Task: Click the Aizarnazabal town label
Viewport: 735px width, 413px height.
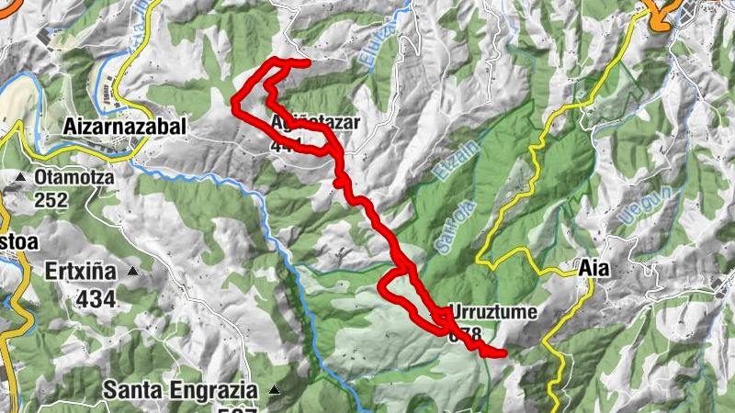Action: tap(127, 126)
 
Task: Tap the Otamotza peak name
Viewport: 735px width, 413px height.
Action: tap(73, 176)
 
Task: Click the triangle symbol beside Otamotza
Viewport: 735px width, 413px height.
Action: tap(20, 176)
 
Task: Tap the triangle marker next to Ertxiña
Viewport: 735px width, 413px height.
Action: tap(132, 272)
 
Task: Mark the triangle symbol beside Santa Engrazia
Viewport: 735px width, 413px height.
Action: tap(274, 390)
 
